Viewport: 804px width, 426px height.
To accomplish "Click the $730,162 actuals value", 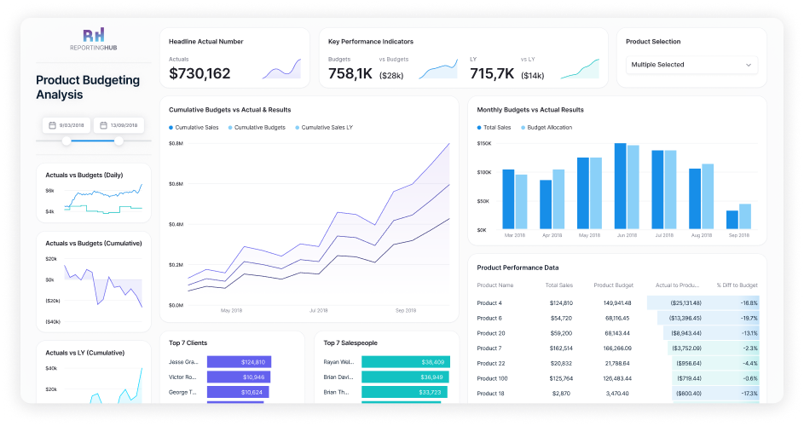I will pyautogui.click(x=200, y=74).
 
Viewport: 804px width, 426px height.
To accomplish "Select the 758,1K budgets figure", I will pyautogui.click(x=350, y=74).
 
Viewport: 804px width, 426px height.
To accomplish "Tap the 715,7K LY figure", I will pyautogui.click(x=492, y=74).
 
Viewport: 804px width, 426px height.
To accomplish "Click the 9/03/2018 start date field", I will pyautogui.click(x=67, y=125).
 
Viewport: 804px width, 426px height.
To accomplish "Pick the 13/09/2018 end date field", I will pyautogui.click(x=119, y=125).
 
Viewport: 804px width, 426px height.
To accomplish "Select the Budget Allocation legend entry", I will pyautogui.click(x=549, y=127).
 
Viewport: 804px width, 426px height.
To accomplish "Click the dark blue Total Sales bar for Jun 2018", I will pyautogui.click(x=620, y=186).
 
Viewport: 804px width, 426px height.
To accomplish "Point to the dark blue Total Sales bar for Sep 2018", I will pyautogui.click(x=732, y=220).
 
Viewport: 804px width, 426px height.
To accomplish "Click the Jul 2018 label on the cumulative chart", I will pyautogui.click(x=319, y=310).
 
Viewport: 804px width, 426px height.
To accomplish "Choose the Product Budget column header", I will pyautogui.click(x=612, y=285).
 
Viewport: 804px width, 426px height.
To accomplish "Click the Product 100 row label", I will pyautogui.click(x=490, y=377).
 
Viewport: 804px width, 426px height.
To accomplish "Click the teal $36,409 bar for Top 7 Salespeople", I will pyautogui.click(x=404, y=361).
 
